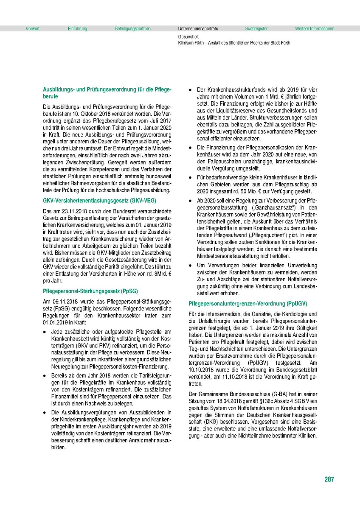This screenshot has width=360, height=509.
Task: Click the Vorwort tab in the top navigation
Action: coord(32,29)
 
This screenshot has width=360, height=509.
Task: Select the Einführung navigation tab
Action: coord(77,29)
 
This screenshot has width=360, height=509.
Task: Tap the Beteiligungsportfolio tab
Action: coord(132,29)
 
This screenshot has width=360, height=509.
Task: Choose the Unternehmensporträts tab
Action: coord(198,29)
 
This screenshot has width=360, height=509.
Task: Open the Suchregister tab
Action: coord(256,29)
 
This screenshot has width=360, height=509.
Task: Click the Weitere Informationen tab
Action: coord(315,29)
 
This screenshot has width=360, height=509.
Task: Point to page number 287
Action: coord(329,480)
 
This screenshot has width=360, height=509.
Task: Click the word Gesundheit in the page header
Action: coord(188,37)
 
